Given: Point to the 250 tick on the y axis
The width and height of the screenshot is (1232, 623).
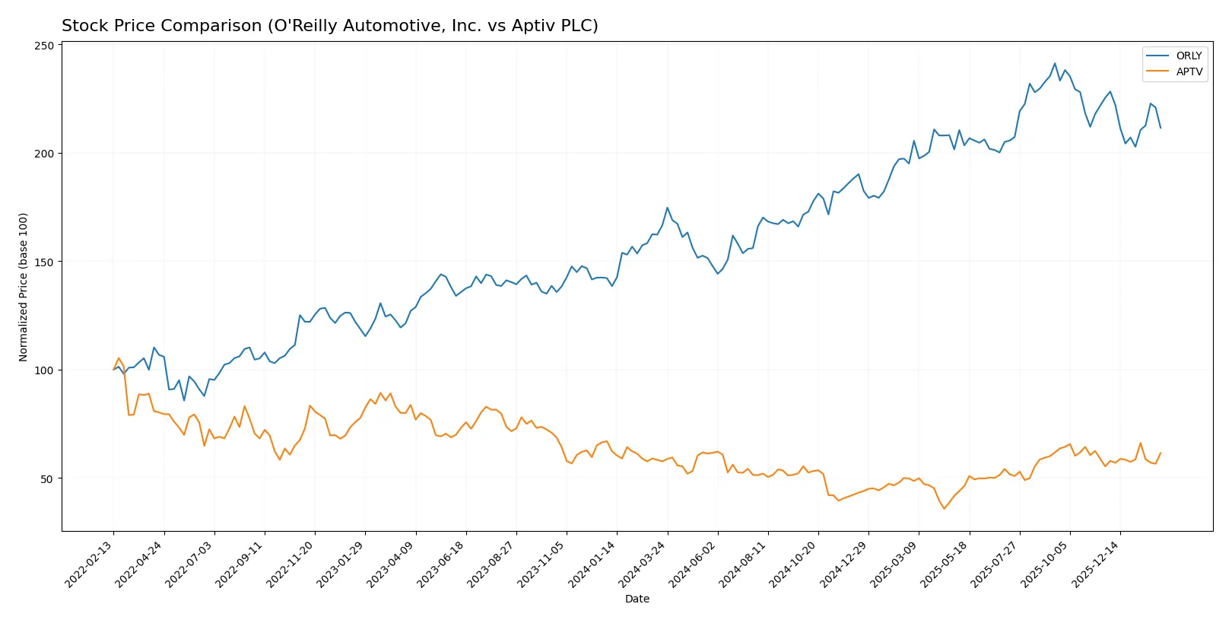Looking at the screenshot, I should (45, 46).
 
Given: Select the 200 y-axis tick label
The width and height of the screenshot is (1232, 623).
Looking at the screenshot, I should (45, 154).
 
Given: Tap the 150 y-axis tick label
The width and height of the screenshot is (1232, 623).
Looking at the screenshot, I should (45, 262).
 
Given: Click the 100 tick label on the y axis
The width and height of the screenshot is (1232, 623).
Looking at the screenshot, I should (45, 370).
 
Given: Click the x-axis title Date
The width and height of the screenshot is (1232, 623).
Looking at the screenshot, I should (637, 599).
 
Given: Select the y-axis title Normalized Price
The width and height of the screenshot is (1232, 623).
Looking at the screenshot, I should (24, 287).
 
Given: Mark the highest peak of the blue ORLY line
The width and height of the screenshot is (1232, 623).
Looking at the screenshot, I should (1055, 63).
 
